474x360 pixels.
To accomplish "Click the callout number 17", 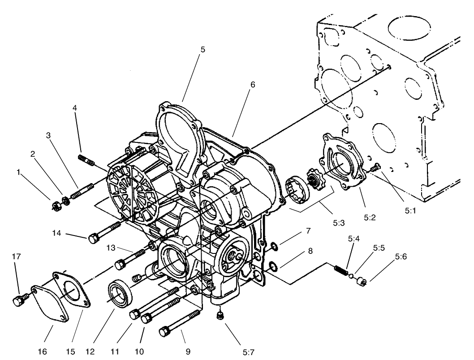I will tap(17, 257).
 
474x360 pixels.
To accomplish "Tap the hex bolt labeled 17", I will tap(19, 301).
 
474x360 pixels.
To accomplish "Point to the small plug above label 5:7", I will tap(220, 317).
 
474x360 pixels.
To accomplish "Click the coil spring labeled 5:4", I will tap(341, 270).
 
